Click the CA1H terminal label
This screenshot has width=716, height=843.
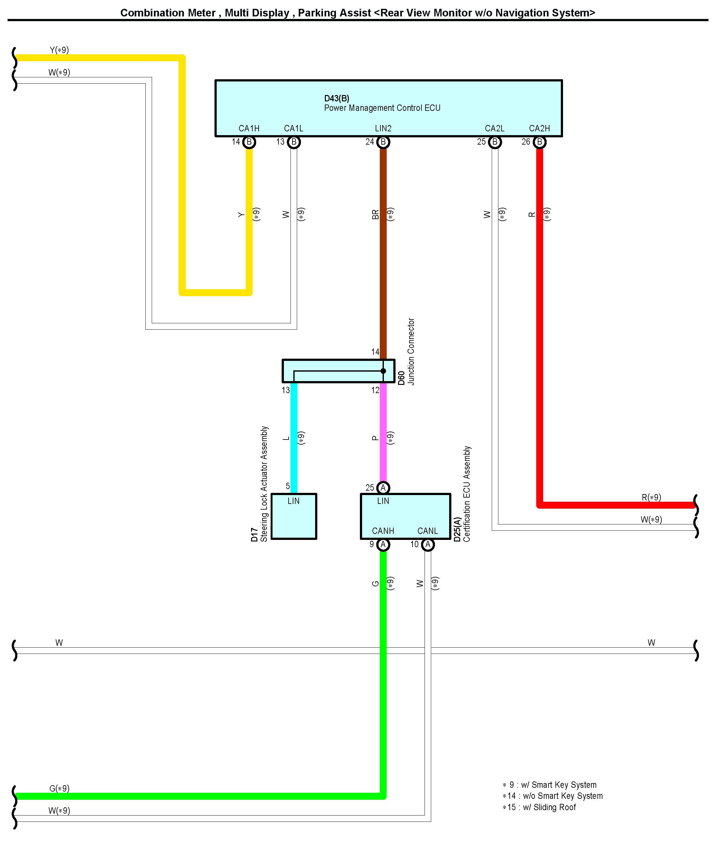click(249, 129)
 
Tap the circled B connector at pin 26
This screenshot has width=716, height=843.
click(539, 142)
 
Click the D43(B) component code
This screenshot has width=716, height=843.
click(337, 98)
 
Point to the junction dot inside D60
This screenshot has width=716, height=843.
click(383, 371)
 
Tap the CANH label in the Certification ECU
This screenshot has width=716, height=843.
click(383, 531)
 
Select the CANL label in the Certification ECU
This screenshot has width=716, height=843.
click(427, 531)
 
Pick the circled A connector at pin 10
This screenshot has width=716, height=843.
click(428, 544)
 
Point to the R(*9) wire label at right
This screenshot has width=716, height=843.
click(651, 497)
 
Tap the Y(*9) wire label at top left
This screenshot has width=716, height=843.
click(59, 50)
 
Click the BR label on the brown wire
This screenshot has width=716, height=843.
click(375, 214)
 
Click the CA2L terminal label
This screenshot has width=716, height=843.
click(494, 129)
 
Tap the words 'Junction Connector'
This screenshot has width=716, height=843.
click(411, 351)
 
